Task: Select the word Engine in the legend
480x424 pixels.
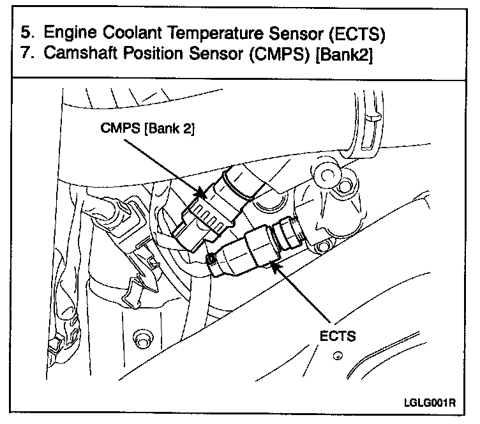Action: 69,33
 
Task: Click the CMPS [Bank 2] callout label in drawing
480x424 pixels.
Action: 147,129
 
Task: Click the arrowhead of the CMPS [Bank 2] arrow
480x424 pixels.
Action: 203,193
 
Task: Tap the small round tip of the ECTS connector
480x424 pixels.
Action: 210,259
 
